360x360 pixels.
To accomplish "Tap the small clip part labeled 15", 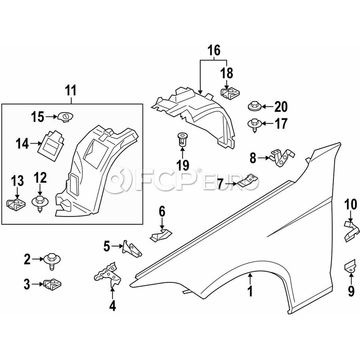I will tap(65, 116).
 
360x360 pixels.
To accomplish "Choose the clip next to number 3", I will tap(52, 284).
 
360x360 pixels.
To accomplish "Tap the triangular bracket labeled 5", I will tap(132, 249).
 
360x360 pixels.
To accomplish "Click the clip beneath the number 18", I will tap(230, 94).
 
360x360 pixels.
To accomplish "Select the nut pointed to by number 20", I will tap(254, 106).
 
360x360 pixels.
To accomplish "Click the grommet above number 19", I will tap(182, 139).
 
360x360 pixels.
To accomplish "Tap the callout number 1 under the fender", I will tap(250, 291).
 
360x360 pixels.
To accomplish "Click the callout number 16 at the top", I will tap(214, 51).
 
